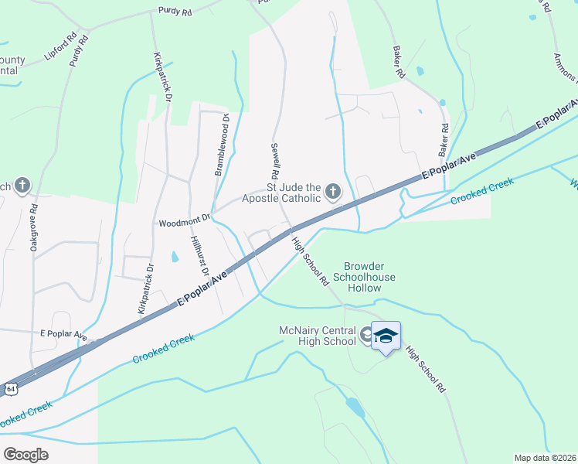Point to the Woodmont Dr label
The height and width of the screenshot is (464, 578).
[x=185, y=222]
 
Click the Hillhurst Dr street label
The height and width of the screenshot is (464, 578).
[x=200, y=256]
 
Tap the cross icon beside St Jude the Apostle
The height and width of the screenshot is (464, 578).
[x=333, y=191]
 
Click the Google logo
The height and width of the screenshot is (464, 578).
[x=26, y=454]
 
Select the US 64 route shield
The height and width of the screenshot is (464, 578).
[x=8, y=387]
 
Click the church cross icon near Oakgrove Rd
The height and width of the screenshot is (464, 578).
[x=22, y=185]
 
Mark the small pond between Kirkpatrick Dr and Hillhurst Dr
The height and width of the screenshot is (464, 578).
[x=173, y=257]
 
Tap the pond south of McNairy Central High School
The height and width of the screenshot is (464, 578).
[x=355, y=407]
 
